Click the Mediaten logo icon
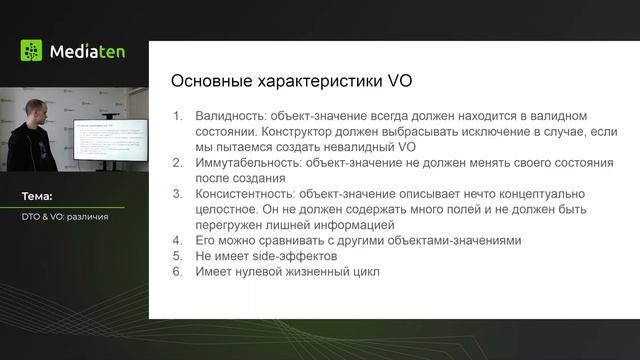tap(32, 51)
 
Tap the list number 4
tap(178, 240)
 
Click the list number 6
tap(178, 271)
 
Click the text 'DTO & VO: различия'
tap(65, 216)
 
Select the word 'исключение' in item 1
tap(480, 131)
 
